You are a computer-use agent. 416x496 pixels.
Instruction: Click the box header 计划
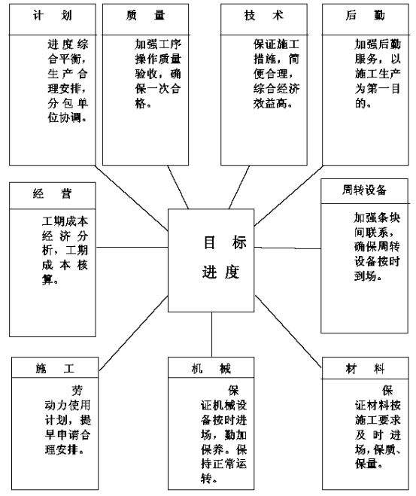coord(53,15)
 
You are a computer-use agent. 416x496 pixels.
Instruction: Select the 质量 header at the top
coord(145,15)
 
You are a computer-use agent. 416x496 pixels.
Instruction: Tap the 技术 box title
coord(263,15)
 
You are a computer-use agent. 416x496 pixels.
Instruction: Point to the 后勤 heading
coord(365,15)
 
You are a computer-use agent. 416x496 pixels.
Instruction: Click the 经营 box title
coord(53,193)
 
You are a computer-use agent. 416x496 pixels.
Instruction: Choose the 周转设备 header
coord(364,190)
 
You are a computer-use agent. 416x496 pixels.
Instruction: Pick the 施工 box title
coord(55,368)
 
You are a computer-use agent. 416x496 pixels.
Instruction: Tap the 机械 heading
coord(211,368)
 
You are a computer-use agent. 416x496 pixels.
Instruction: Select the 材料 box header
coord(365,368)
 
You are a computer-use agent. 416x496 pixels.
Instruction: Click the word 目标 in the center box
coord(225,242)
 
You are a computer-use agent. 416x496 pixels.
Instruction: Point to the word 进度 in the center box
coord(220,272)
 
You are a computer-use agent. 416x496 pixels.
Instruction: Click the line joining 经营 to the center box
coord(132,247)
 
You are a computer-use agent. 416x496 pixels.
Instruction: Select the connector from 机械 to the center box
coord(211,335)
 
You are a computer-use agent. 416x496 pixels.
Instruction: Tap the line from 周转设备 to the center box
coord(287,248)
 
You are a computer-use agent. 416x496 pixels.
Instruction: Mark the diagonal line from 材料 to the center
coord(288,331)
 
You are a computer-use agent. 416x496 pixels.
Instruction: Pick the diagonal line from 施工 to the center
coord(133,333)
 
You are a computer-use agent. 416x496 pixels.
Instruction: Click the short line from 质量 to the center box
coord(178,187)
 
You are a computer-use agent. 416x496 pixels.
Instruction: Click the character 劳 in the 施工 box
coord(77,391)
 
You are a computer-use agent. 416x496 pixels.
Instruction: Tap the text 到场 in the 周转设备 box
coord(365,276)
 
